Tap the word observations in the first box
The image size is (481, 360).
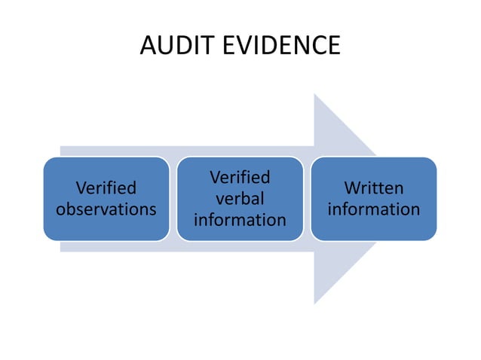[x=106, y=209]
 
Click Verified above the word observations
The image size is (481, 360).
[x=106, y=188]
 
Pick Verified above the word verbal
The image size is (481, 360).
[x=240, y=178]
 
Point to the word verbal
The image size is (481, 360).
[x=240, y=199]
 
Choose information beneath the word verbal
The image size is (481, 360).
[x=240, y=220]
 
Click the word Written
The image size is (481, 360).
[x=374, y=188]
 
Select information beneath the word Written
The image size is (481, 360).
[x=374, y=209]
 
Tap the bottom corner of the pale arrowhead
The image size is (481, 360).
[x=315, y=304]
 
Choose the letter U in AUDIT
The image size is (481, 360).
[x=165, y=46]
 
